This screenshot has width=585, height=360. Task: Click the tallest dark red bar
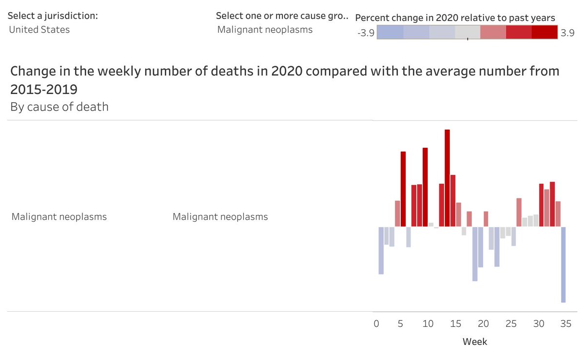pyautogui.click(x=447, y=178)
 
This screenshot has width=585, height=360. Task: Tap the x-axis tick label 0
pyautogui.click(x=376, y=324)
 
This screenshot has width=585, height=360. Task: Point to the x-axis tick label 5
pyautogui.click(x=401, y=324)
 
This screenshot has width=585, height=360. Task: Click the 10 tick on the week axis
pyautogui.click(x=428, y=324)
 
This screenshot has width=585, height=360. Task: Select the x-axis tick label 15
pyautogui.click(x=455, y=324)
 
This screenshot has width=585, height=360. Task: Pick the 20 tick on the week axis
pyautogui.click(x=483, y=324)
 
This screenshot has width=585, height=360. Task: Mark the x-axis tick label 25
pyautogui.click(x=510, y=324)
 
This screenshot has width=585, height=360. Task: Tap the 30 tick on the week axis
pyautogui.click(x=538, y=324)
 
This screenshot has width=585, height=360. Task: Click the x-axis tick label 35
pyautogui.click(x=565, y=324)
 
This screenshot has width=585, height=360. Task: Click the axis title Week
pyautogui.click(x=474, y=341)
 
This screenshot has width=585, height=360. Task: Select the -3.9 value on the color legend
pyautogui.click(x=366, y=33)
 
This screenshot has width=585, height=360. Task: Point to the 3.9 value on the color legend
pyautogui.click(x=567, y=33)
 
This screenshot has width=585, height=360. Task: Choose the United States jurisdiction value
pyautogui.click(x=39, y=30)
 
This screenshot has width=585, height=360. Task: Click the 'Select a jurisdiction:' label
pyautogui.click(x=53, y=16)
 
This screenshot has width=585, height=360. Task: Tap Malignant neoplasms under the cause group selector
pyautogui.click(x=265, y=30)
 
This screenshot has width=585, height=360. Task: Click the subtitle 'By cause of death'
pyautogui.click(x=59, y=106)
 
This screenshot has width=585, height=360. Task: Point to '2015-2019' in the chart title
pyautogui.click(x=44, y=90)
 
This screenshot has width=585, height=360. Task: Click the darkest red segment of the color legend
pyautogui.click(x=545, y=32)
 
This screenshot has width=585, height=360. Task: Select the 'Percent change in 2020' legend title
pyautogui.click(x=455, y=18)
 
